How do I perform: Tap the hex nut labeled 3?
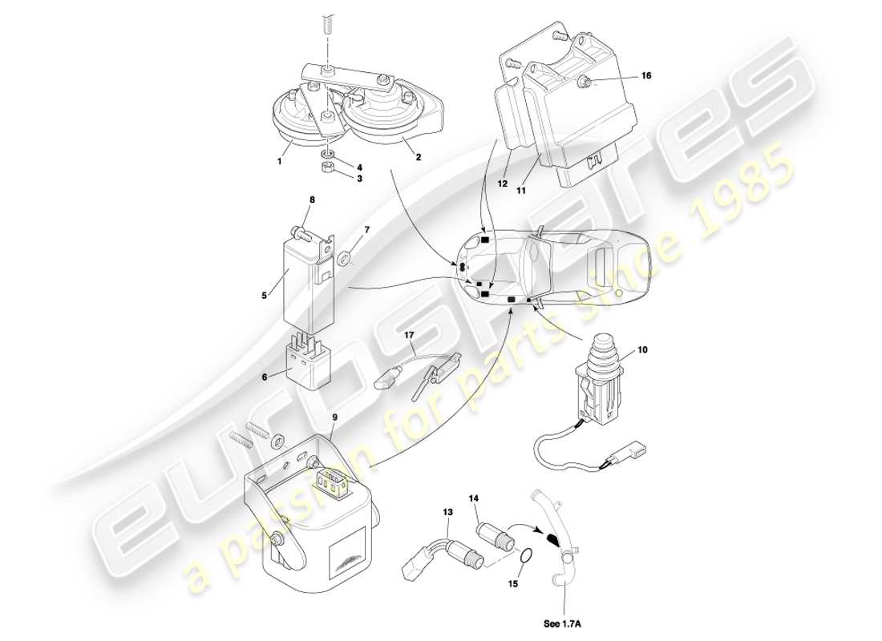click(326, 168)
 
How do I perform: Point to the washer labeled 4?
click(327, 151)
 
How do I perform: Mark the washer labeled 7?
click(343, 258)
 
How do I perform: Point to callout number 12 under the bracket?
click(502, 183)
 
